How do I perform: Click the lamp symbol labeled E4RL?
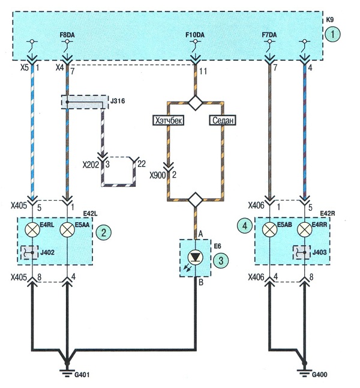(32, 229)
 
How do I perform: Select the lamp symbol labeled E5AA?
(67, 229)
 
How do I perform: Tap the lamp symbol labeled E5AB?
(269, 229)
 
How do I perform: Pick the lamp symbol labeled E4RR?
(305, 229)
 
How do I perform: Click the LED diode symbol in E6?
(196, 258)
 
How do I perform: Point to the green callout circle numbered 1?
(332, 34)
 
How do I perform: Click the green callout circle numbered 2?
(104, 232)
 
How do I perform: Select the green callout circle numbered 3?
(221, 260)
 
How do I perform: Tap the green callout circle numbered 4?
(245, 226)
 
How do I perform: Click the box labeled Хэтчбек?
(169, 121)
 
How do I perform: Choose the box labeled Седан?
(223, 121)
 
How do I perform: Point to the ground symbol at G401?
(67, 373)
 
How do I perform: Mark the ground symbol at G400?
(305, 373)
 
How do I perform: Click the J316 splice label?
(118, 101)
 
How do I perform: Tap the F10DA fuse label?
(195, 35)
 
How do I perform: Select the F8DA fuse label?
(67, 35)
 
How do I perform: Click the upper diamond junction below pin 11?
(196, 102)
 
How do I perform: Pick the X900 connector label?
(157, 175)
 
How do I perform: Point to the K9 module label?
(329, 20)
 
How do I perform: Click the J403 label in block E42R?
(319, 252)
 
